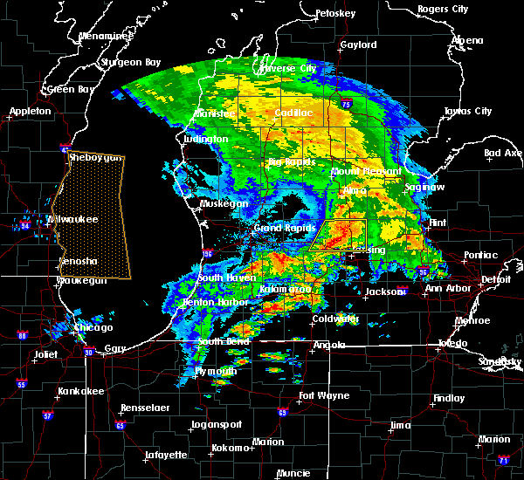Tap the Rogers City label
tap(444, 9)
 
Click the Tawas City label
tap(467, 111)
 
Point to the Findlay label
tap(448, 398)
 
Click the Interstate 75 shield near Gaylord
tap(347, 104)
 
